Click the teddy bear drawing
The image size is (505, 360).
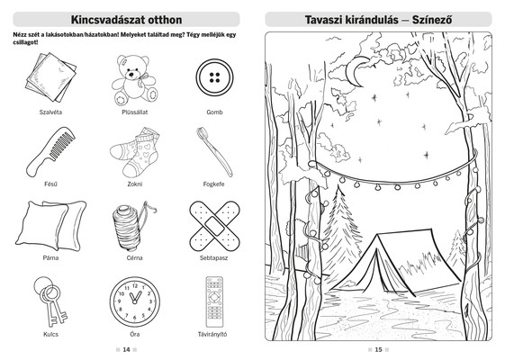135,80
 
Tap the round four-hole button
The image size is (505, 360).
214,77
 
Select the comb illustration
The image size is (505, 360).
50,151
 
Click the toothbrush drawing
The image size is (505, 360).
214,152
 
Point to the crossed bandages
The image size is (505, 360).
215,226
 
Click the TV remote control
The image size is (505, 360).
214,301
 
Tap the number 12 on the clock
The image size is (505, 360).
135,286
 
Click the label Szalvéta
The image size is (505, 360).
50,112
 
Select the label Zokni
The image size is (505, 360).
135,184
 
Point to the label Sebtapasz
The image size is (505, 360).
214,258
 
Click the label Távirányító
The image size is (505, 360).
212,334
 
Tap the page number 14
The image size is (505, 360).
126,349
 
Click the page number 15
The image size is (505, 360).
378,349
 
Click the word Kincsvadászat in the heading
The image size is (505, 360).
108,20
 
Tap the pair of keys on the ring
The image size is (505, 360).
50,301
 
